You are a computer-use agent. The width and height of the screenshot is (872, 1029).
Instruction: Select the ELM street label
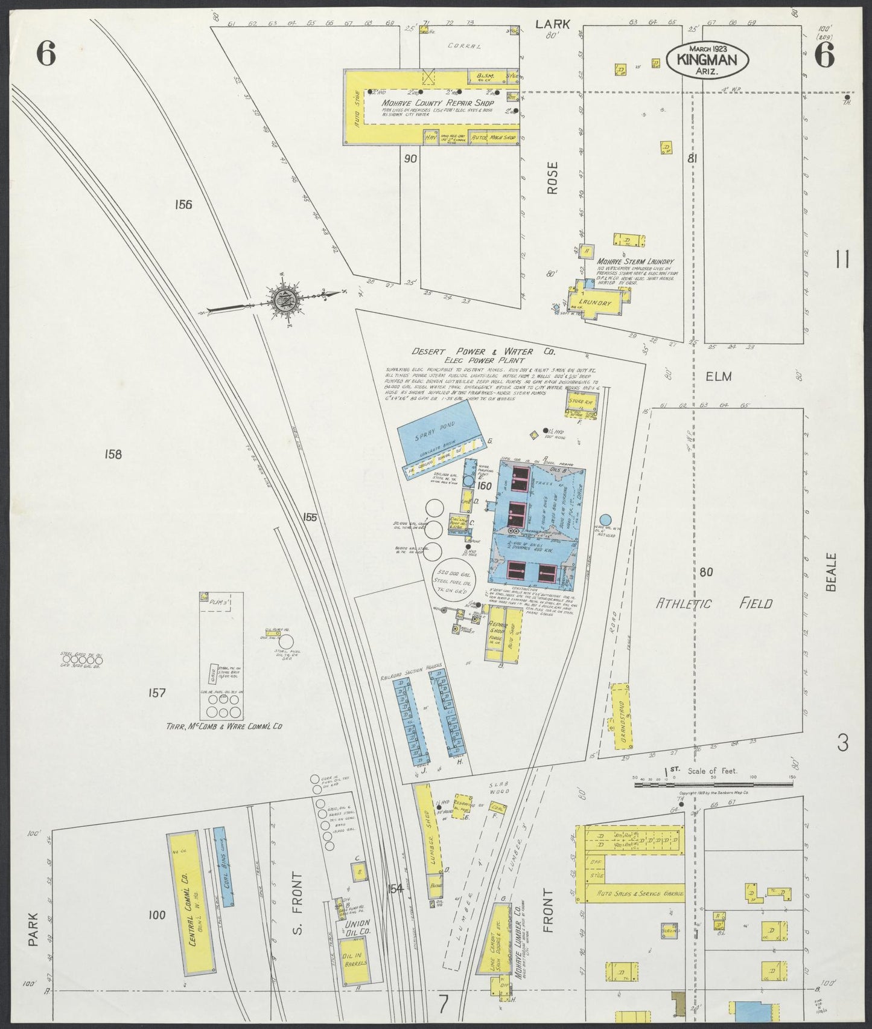[x=718, y=376]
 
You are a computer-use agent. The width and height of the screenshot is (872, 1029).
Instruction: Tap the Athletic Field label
[x=714, y=603]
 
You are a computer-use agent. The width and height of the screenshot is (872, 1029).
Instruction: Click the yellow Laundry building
[x=596, y=303]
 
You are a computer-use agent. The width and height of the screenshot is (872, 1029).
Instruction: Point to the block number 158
[x=113, y=454]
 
